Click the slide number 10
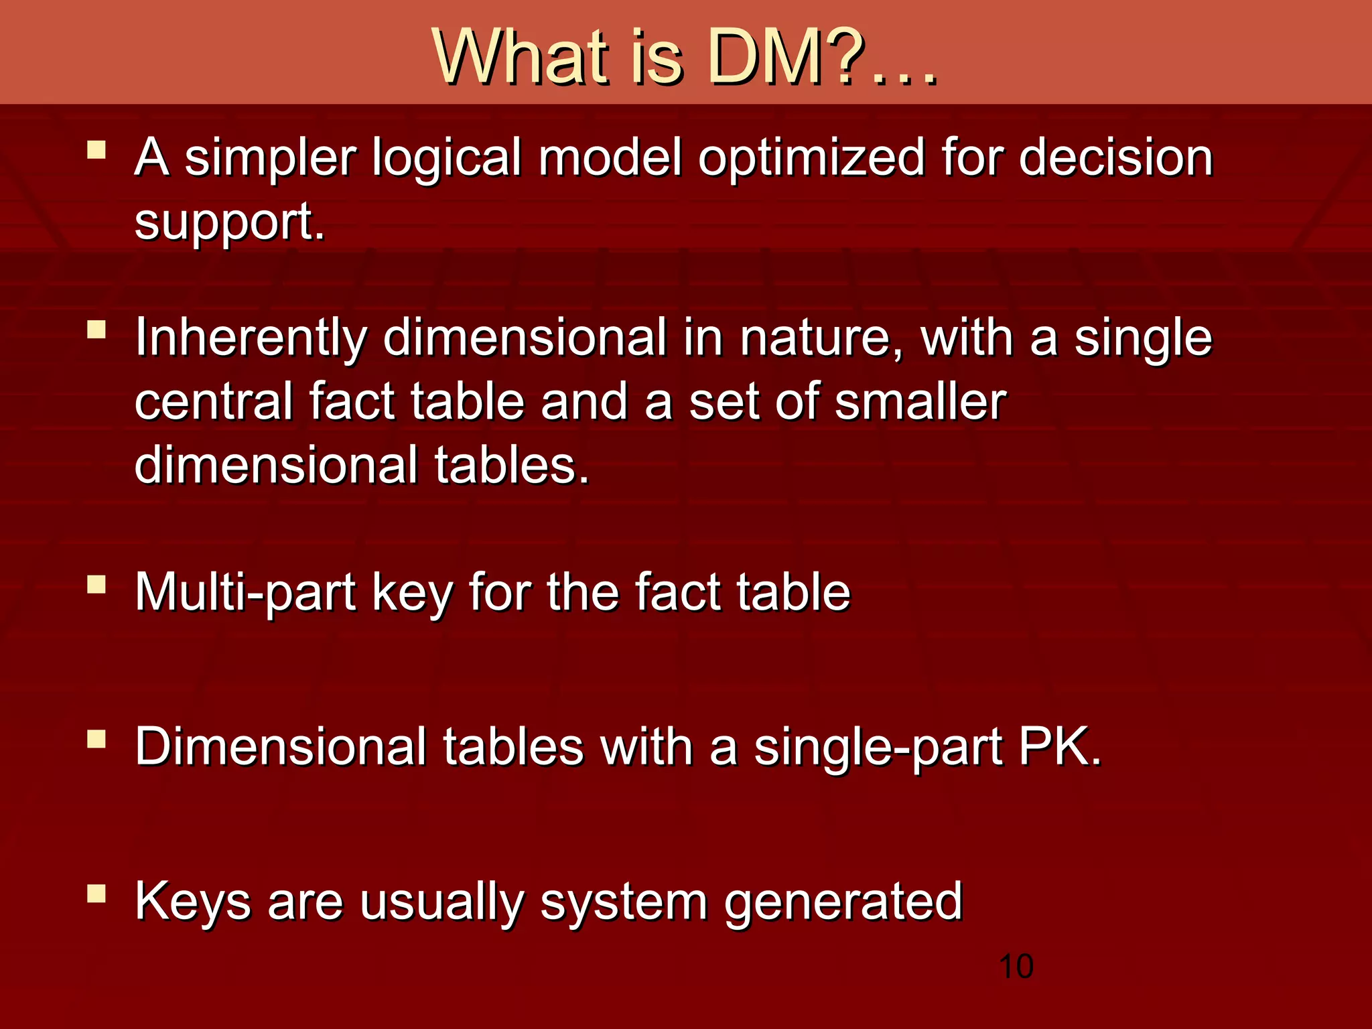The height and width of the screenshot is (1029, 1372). [x=1016, y=967]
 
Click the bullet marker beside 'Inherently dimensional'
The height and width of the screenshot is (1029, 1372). [x=96, y=329]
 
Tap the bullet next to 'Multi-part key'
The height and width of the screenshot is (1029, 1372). [x=96, y=584]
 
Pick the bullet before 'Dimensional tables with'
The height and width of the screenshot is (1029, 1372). [x=96, y=738]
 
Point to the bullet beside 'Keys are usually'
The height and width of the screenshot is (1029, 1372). [x=96, y=893]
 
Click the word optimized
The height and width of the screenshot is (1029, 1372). [x=811, y=159]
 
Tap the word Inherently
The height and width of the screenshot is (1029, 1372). [x=251, y=338]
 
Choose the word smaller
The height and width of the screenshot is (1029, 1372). [x=920, y=402]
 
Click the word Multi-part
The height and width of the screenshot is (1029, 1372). [x=245, y=593]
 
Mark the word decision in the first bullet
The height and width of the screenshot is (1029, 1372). [x=1115, y=159]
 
